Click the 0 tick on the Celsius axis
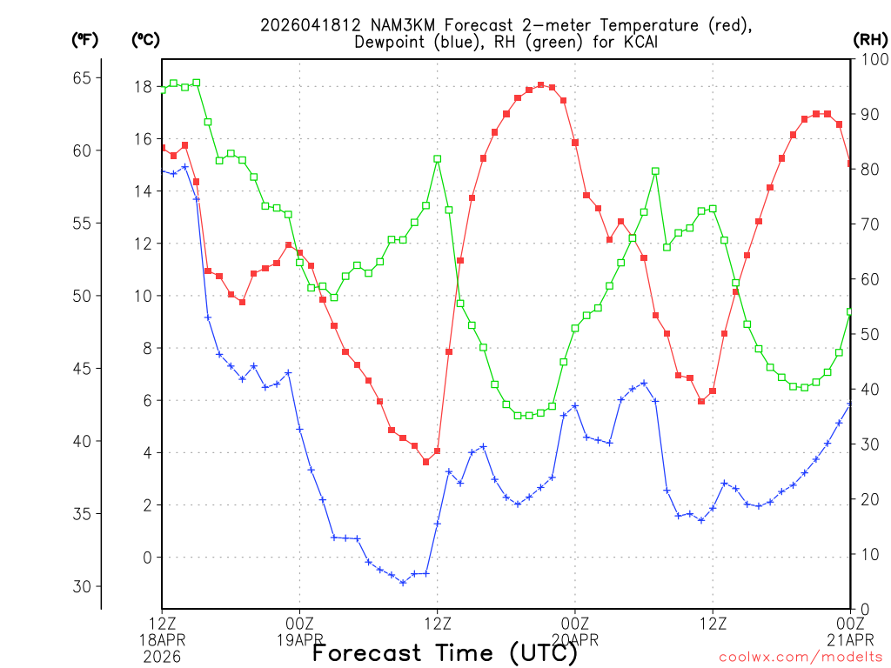coord(147,558)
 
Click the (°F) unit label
coord(84,39)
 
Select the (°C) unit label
coord(145,39)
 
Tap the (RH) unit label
coord(869,39)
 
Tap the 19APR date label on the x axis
coord(300,639)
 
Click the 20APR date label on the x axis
coord(575,639)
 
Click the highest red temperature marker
coord(540,85)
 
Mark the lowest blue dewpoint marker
coord(403,582)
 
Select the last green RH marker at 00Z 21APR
coord(850,311)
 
